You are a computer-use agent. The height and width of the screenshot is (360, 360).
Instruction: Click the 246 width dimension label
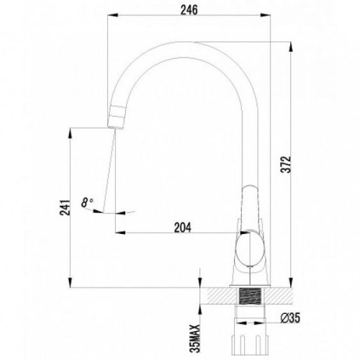[189, 10]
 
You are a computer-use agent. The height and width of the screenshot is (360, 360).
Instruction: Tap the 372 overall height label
[287, 164]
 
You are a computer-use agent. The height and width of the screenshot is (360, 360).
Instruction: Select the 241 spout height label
[66, 207]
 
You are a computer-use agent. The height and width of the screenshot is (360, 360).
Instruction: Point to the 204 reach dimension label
[183, 228]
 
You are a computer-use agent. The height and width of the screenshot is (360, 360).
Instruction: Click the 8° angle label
[86, 202]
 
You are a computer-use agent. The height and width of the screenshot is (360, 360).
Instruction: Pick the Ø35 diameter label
[290, 318]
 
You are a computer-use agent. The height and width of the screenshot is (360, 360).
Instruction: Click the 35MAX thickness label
[194, 339]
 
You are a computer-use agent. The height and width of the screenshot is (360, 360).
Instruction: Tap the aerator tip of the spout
[115, 117]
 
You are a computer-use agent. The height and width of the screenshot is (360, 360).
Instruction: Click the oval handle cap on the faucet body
[250, 248]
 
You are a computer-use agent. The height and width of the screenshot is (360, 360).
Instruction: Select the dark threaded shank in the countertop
[250, 296]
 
